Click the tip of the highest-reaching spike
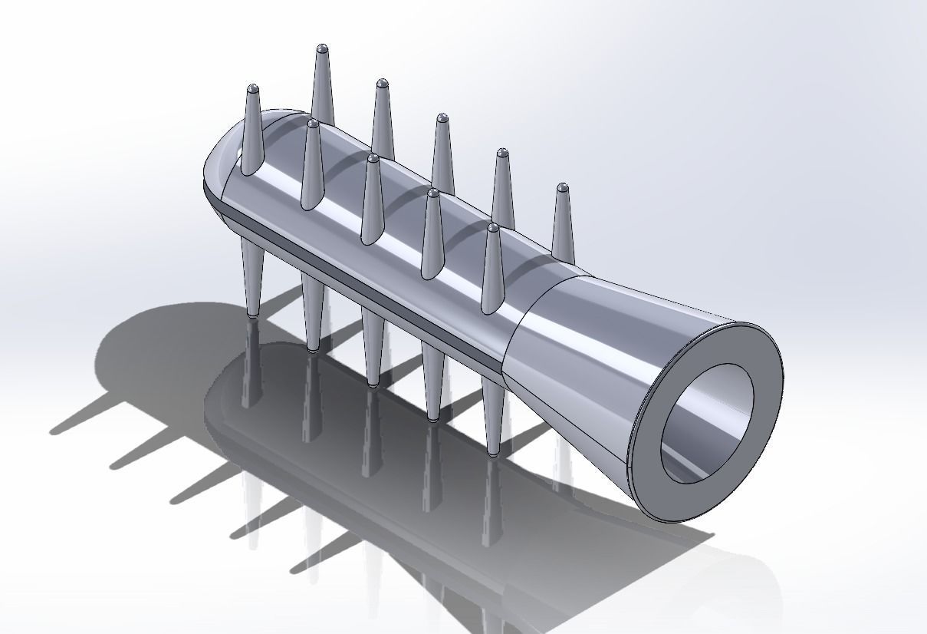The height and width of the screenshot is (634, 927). (x=322, y=48)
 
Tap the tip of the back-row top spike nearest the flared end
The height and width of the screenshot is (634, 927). (x=563, y=187)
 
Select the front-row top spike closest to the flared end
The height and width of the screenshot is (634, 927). (x=491, y=269)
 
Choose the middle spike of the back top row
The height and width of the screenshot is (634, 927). (x=442, y=154)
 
